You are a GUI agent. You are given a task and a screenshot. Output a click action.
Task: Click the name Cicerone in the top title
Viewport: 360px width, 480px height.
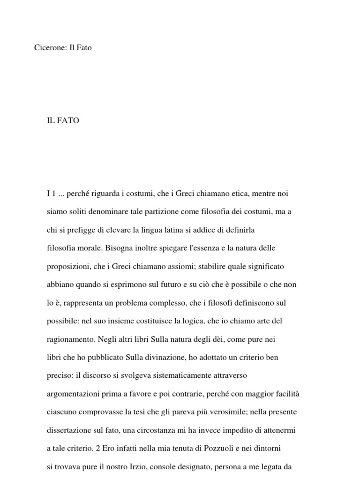[x=50, y=47]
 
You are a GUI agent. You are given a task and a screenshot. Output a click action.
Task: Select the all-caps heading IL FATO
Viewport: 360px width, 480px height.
[x=63, y=120]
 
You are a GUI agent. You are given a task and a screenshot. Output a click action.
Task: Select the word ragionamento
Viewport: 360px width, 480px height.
[x=69, y=339]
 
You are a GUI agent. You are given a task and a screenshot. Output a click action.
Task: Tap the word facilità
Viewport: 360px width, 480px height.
[x=286, y=394]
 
